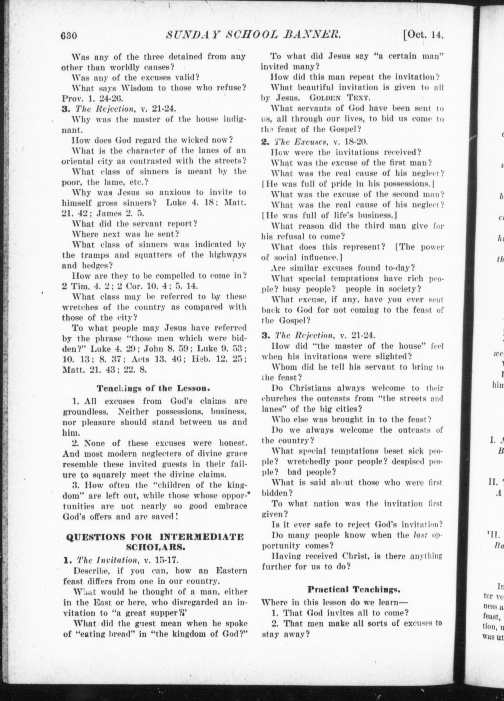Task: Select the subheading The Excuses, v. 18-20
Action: click(x=314, y=142)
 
